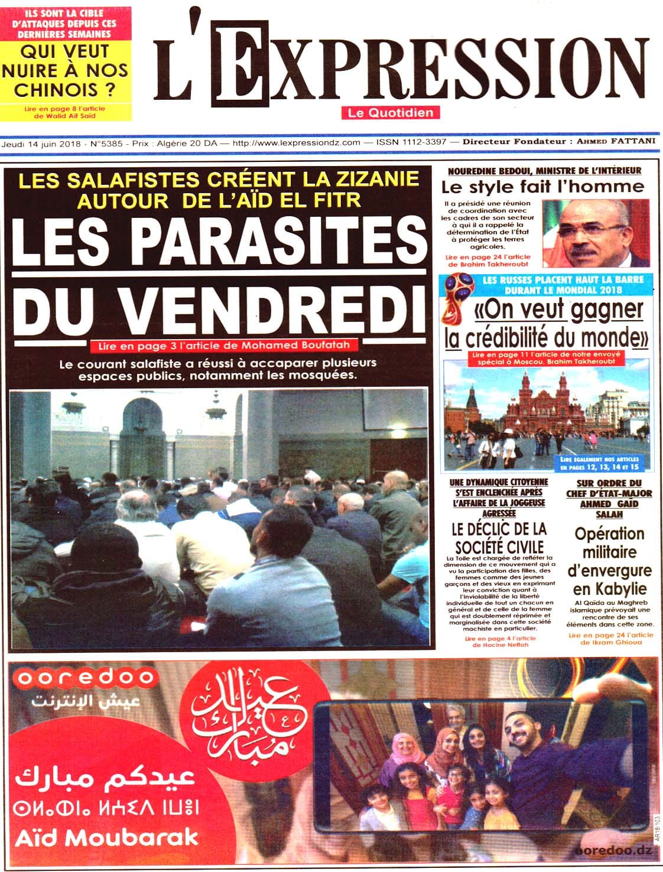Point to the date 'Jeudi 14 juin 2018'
click(x=41, y=144)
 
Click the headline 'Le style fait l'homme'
click(x=542, y=187)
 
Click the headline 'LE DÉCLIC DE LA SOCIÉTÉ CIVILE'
click(x=499, y=537)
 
